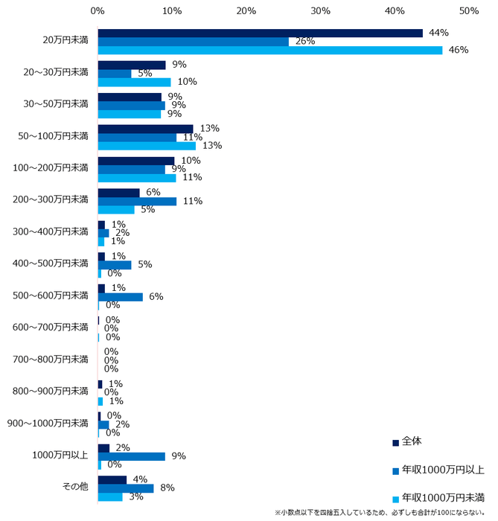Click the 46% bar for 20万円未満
pos(269,50)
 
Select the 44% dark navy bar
pos(260,33)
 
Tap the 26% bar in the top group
pos(193,42)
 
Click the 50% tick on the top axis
pos(469,12)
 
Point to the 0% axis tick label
pos(98,12)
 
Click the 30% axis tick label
pos(320,12)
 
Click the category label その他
pos(74,487)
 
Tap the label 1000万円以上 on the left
pos(62,455)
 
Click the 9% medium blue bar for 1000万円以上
pos(131,456)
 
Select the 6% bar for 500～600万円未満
pos(120,297)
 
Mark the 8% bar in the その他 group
pos(126,488)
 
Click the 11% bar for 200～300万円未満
pos(137,201)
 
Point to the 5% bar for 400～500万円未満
pos(115,265)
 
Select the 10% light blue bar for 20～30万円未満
pos(134,82)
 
